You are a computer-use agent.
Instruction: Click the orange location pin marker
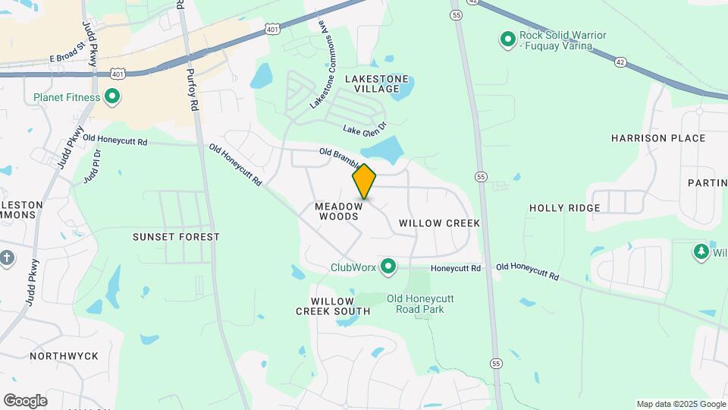click(364, 181)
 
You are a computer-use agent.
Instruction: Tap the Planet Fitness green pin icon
click(112, 96)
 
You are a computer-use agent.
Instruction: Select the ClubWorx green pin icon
click(388, 266)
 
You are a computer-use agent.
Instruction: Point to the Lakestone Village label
click(377, 84)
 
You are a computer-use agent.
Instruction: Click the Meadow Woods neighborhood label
click(337, 211)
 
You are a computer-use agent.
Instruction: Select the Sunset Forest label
click(176, 237)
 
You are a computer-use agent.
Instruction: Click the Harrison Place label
click(658, 138)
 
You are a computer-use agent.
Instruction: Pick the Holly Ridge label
click(564, 208)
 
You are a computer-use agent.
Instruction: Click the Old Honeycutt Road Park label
click(415, 304)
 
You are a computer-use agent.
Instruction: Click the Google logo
click(25, 401)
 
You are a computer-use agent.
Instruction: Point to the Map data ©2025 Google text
click(680, 404)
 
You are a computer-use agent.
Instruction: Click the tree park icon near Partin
click(701, 251)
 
